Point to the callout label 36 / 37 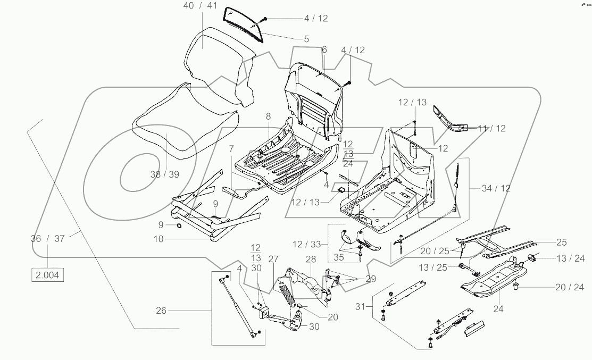tap(47, 239)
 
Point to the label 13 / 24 tap(570, 258)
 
